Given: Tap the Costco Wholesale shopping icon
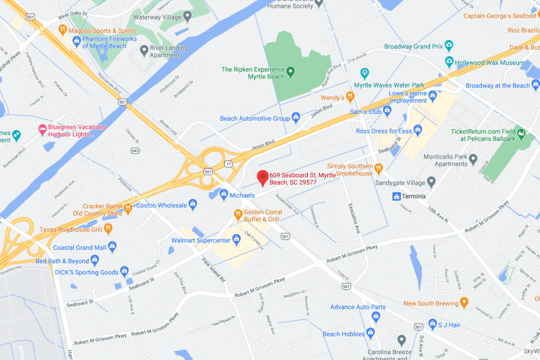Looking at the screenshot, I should (194, 203).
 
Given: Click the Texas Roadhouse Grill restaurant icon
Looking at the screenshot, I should (108, 228).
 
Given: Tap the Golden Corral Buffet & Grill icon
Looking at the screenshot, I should (238, 214).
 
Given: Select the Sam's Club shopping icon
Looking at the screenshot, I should (388, 111).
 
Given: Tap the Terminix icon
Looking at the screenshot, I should (397, 197).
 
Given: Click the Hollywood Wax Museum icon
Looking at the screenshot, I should (449, 62).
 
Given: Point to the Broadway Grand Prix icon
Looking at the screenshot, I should (449, 45).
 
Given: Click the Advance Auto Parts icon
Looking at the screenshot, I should (376, 316).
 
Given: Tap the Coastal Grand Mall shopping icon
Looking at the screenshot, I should (112, 246).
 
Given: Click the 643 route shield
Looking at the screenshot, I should (135, 151).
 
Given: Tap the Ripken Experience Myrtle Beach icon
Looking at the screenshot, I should (290, 70).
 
